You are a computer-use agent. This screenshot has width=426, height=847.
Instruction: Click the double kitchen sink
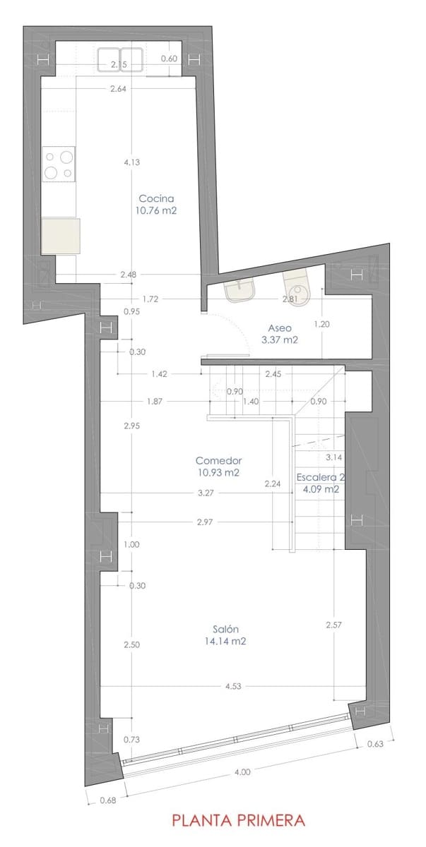(x=121, y=59)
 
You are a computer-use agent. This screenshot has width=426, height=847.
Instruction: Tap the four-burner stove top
(x=59, y=163)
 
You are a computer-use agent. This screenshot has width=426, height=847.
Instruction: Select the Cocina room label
(x=156, y=198)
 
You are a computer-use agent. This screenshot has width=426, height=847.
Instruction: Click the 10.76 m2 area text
(x=156, y=210)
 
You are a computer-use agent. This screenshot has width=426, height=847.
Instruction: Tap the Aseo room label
(x=280, y=328)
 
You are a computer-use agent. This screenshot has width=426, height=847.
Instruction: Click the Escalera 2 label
(x=320, y=476)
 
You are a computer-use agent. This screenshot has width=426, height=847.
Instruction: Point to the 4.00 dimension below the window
(x=242, y=772)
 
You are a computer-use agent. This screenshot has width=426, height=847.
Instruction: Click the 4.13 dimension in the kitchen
(x=131, y=162)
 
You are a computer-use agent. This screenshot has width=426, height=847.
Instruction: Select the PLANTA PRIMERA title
(x=239, y=821)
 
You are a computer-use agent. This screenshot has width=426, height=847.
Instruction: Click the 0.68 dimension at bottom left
(x=108, y=800)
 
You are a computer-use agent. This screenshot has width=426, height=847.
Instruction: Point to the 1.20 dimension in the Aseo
(x=321, y=325)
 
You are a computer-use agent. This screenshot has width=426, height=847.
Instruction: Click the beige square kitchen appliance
(x=60, y=236)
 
